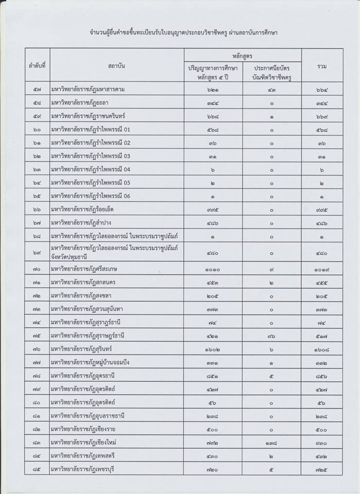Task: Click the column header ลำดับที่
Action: point(38,67)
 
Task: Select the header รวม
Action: point(322,67)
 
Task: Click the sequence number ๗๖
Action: point(38,349)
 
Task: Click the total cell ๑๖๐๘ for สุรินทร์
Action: point(322,349)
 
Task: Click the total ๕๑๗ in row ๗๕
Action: point(322,336)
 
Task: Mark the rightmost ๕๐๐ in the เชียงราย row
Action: point(322,429)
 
